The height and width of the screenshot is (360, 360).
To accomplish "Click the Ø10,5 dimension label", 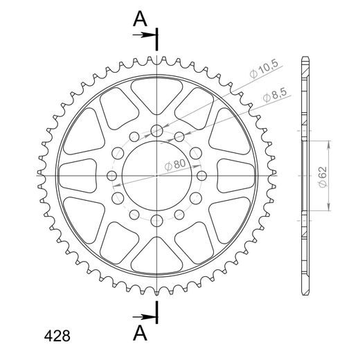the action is click(x=264, y=70).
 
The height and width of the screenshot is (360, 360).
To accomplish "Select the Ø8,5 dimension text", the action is click(x=274, y=95).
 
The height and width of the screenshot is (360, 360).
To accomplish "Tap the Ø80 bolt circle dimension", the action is click(x=175, y=165).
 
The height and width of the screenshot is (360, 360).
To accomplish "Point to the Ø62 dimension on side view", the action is click(x=323, y=177).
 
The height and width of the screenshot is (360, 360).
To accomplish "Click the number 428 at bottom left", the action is click(x=57, y=336).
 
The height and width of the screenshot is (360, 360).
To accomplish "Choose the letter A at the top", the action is click(x=140, y=19).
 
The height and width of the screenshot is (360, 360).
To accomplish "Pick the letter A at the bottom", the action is click(x=140, y=333).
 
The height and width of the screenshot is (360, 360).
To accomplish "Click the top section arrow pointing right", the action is click(x=144, y=35).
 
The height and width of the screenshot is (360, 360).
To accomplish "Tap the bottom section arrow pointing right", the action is click(x=144, y=317).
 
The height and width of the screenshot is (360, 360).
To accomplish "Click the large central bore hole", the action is click(x=156, y=176).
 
